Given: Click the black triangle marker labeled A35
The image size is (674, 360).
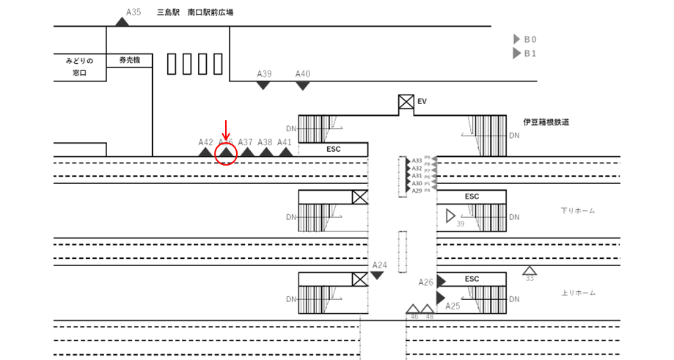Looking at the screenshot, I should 122,21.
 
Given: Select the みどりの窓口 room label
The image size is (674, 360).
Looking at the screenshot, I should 80,67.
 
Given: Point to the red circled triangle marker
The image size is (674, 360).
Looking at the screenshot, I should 226,153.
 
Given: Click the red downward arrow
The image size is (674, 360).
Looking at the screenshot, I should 226,130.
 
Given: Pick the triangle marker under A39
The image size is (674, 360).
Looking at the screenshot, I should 263,86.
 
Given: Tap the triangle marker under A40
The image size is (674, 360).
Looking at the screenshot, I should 302,86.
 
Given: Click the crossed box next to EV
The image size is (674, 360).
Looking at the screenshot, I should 406,102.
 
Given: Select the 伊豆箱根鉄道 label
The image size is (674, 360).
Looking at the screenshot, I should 546,122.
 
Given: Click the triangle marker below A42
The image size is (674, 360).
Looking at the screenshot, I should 205,153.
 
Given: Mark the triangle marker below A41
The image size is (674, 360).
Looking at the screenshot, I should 285,153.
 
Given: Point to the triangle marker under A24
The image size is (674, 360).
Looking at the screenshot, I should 377,275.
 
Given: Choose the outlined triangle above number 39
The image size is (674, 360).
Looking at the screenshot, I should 451,216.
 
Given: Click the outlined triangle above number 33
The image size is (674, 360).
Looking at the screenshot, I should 530,270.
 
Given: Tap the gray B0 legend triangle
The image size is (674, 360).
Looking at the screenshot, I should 516,39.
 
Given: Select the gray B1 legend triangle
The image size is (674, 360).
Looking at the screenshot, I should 516,53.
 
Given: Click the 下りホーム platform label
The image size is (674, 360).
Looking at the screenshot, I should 577,211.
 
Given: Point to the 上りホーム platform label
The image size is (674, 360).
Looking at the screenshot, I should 577,293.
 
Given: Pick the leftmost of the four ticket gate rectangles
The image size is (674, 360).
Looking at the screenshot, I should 172,65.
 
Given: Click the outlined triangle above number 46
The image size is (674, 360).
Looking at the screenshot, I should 413,309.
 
